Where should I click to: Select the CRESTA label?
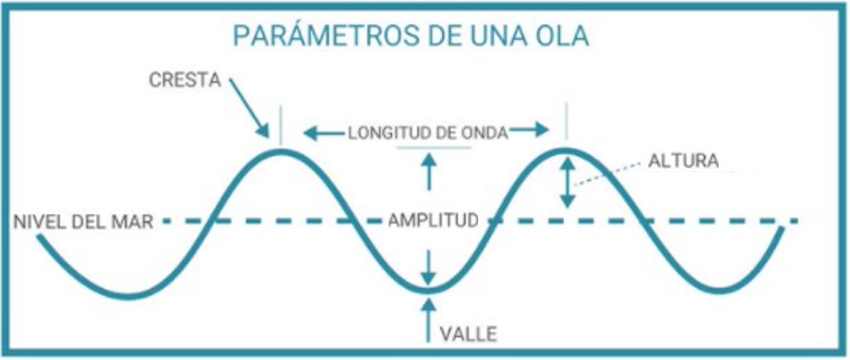click(x=185, y=79)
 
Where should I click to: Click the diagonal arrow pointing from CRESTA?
click(x=251, y=107)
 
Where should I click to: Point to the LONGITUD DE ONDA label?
click(x=428, y=133)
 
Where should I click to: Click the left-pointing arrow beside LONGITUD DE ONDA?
click(x=324, y=133)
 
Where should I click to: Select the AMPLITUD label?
click(x=432, y=222)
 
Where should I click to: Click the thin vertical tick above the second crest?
click(x=567, y=121)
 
